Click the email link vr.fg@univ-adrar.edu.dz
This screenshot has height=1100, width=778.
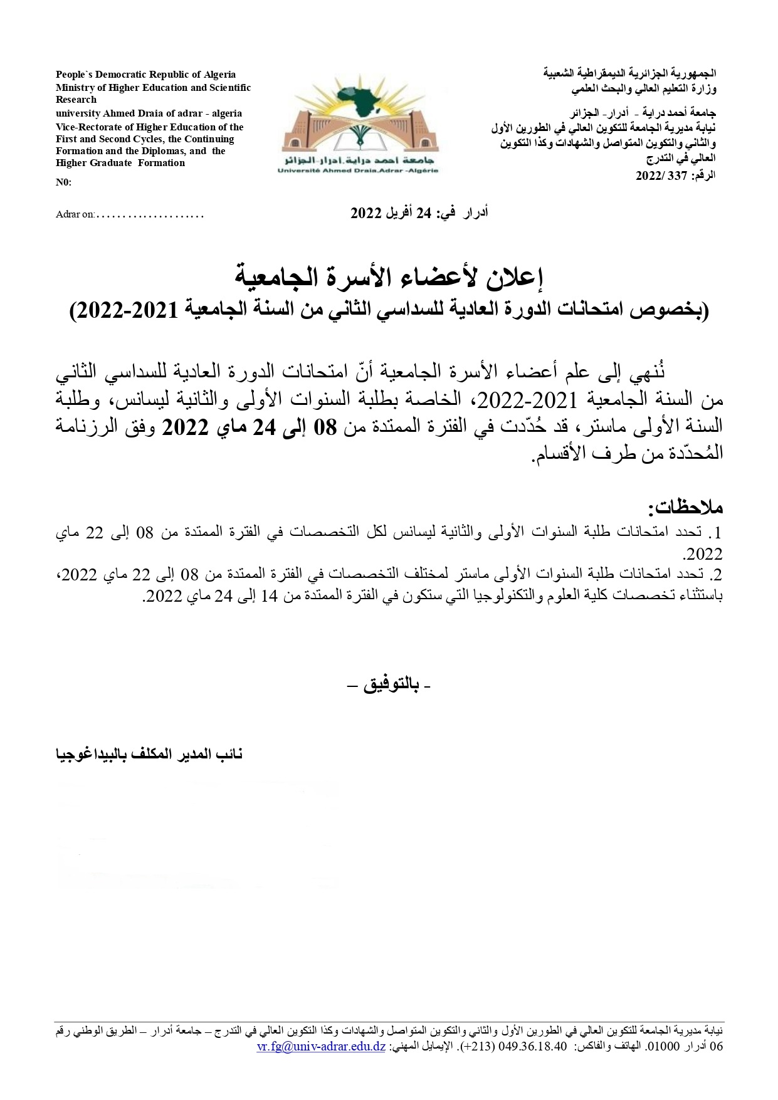[321, 1046]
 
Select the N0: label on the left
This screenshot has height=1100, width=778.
[63, 182]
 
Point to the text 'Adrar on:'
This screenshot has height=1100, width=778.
[75, 214]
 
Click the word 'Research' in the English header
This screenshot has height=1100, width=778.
[76, 100]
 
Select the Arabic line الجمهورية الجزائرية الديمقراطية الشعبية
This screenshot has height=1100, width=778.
[629, 73]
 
